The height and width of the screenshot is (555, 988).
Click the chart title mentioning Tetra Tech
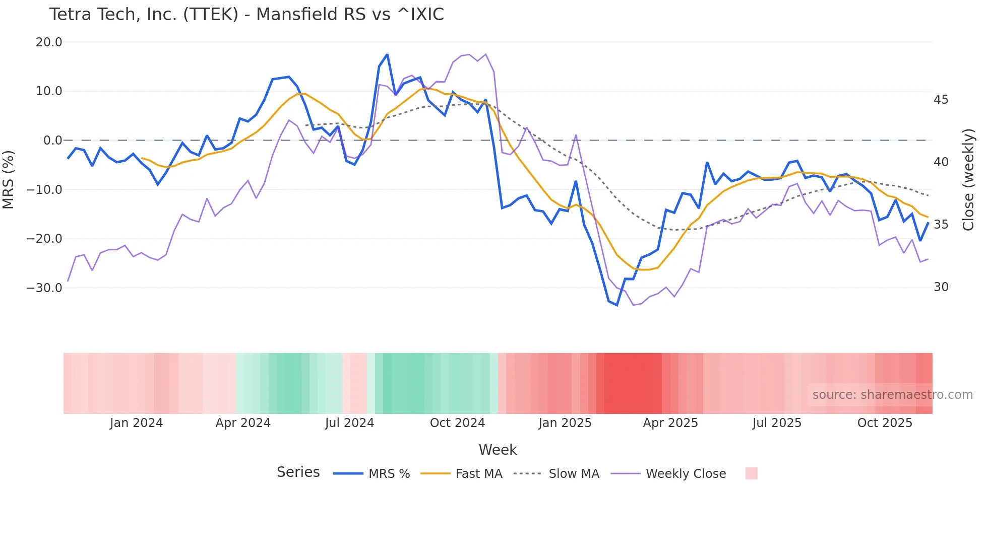point(246,15)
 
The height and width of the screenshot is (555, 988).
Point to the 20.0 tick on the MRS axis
point(49,42)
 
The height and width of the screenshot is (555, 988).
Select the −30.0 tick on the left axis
point(45,288)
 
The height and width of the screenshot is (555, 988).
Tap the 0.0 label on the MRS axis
point(52,141)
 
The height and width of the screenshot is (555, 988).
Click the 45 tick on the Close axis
point(941,100)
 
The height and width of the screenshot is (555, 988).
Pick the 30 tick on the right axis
point(941,287)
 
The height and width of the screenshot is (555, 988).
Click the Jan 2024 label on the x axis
point(136,423)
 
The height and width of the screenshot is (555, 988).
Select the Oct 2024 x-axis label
point(457,423)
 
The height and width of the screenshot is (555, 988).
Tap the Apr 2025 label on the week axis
point(670,423)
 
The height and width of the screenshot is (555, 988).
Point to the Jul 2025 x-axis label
point(777,423)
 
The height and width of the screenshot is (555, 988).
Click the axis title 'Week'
point(498,450)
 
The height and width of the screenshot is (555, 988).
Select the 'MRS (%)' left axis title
point(9,179)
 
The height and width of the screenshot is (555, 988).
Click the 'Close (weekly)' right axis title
point(968,180)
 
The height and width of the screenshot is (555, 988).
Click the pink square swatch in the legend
point(751,473)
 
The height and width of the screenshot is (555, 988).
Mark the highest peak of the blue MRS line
point(387,54)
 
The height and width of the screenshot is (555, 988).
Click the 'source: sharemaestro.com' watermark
point(892,395)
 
